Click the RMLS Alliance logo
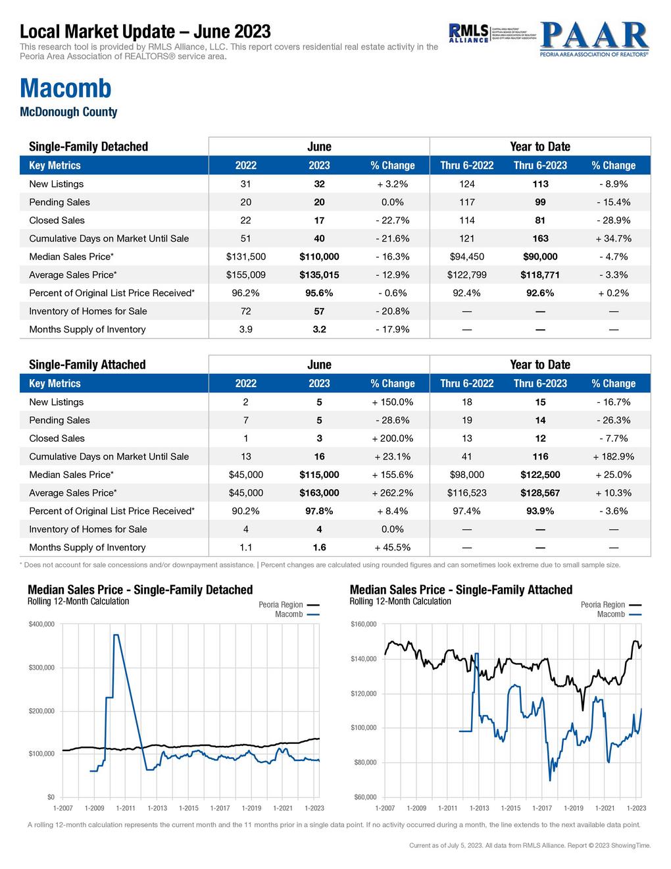click(x=468, y=32)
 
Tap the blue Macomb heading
click(x=66, y=88)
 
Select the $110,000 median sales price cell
click(x=319, y=257)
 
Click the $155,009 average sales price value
click(x=245, y=275)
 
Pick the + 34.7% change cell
click(x=613, y=238)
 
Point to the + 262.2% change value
click(x=392, y=493)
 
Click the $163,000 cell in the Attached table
click(x=319, y=493)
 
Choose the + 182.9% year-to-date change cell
click(x=613, y=457)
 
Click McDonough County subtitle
click(x=68, y=112)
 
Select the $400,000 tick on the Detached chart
click(x=41, y=624)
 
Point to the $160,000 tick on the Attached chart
click(x=363, y=624)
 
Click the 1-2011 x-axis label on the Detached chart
click(x=126, y=808)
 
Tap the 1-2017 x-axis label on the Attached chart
click(x=542, y=808)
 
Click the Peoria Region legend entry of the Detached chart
click(x=281, y=604)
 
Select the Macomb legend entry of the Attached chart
click(x=611, y=614)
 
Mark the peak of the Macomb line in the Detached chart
click(x=116, y=635)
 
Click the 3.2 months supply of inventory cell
click(x=319, y=330)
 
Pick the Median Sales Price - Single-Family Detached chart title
click(x=140, y=590)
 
